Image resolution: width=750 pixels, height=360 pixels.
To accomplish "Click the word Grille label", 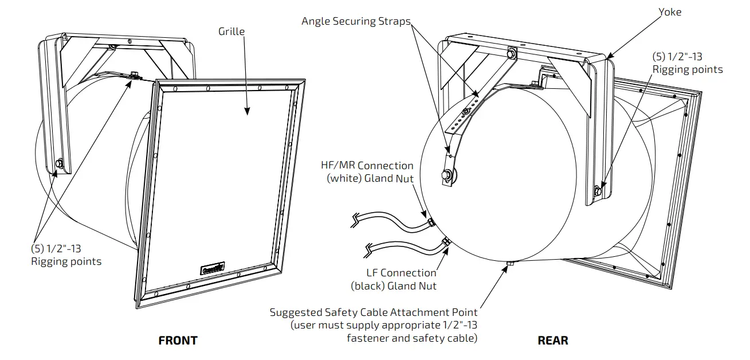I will [231, 31].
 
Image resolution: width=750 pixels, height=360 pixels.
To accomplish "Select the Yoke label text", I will [669, 11].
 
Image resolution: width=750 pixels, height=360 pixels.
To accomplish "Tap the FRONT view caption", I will [178, 341].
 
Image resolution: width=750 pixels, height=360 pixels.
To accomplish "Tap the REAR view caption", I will [553, 341].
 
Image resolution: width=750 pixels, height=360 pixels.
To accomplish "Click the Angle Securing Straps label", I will [356, 21].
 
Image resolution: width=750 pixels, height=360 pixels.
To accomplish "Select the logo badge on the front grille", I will [213, 268].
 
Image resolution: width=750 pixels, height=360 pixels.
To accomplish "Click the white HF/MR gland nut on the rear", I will [430, 221].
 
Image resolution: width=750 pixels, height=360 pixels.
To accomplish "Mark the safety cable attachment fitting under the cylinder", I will [510, 263].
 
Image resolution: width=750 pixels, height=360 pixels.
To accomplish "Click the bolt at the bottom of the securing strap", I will [446, 175].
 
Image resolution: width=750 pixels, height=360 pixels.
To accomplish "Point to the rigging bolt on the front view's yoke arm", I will [58, 165].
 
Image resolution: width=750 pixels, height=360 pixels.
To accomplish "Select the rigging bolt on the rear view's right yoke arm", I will [598, 190].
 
